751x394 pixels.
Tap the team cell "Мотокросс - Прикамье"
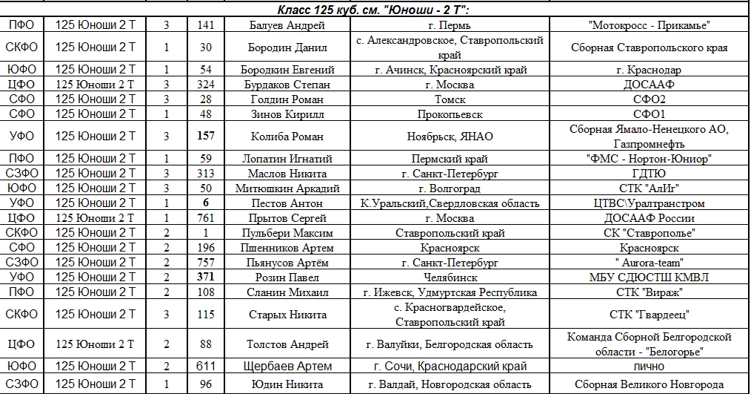pyautogui.click(x=650, y=25)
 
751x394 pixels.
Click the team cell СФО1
pyautogui.click(x=650, y=114)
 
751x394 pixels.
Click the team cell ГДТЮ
pyautogui.click(x=650, y=174)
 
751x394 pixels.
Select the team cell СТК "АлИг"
pyautogui.click(x=650, y=188)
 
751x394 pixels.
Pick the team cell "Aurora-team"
pyautogui.click(x=650, y=263)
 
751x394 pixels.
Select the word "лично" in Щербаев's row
pyautogui.click(x=650, y=367)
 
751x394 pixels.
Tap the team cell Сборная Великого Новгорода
pyautogui.click(x=650, y=384)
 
